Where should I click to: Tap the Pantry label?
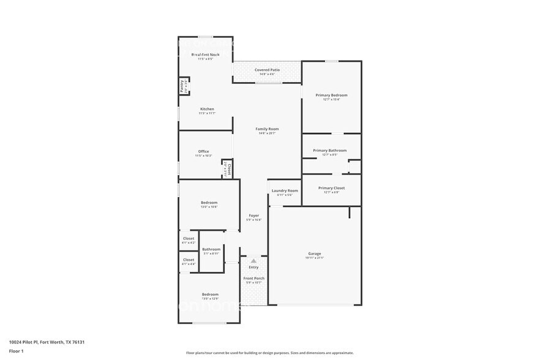tap(182, 86)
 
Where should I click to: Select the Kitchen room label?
tap(206, 109)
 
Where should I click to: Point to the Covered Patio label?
tap(267, 70)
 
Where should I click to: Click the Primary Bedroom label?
tap(331, 95)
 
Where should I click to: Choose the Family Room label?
tap(267, 129)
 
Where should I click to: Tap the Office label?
tap(203, 151)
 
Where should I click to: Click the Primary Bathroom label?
tap(329, 150)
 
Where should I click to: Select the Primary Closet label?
tap(331, 188)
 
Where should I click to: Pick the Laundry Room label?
tap(285, 190)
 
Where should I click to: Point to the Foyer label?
tap(253, 216)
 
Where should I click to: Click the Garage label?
tap(315, 253)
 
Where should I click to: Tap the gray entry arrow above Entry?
tap(253, 261)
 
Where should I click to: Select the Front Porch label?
tap(253, 278)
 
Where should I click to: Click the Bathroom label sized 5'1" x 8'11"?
tap(211, 249)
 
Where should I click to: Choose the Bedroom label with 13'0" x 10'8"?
tap(209, 203)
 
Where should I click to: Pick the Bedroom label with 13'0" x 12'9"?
tap(209, 294)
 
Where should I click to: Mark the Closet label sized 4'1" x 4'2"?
tap(188, 238)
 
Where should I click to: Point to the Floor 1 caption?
tap(16, 351)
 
